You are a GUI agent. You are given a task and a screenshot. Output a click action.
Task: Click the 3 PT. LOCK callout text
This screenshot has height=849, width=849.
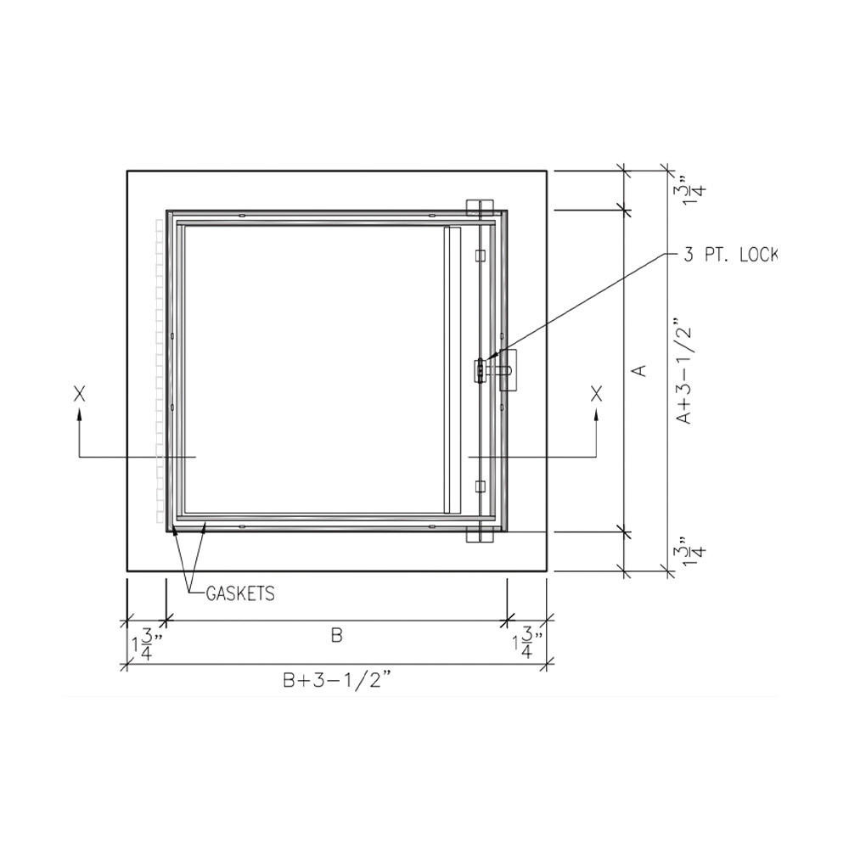pyautogui.click(x=730, y=255)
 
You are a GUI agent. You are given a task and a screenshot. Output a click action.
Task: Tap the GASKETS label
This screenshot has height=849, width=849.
pyautogui.click(x=240, y=593)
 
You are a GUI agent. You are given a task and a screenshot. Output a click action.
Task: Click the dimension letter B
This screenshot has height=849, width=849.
pyautogui.click(x=336, y=636)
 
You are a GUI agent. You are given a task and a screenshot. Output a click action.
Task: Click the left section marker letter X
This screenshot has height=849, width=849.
pyautogui.click(x=80, y=393)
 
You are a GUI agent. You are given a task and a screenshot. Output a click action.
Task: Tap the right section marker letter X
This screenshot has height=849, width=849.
pyautogui.click(x=597, y=393)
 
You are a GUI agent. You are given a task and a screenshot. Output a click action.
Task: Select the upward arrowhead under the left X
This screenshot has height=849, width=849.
pyautogui.click(x=80, y=413)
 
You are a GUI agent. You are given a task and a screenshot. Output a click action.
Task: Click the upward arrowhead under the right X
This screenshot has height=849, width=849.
pyautogui.click(x=597, y=413)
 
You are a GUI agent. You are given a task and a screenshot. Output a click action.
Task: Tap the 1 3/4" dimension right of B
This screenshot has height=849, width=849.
pyautogui.click(x=526, y=644)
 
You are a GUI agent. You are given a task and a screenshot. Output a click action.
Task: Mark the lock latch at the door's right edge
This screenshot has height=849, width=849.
pyautogui.click(x=481, y=371)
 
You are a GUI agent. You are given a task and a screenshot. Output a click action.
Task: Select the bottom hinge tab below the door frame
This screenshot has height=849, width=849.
pyautogui.click(x=480, y=534)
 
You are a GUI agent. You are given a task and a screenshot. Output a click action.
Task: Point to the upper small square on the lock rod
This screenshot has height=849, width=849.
pyautogui.click(x=480, y=255)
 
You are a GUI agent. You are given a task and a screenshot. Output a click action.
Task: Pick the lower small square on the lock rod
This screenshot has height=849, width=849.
pyautogui.click(x=480, y=486)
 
